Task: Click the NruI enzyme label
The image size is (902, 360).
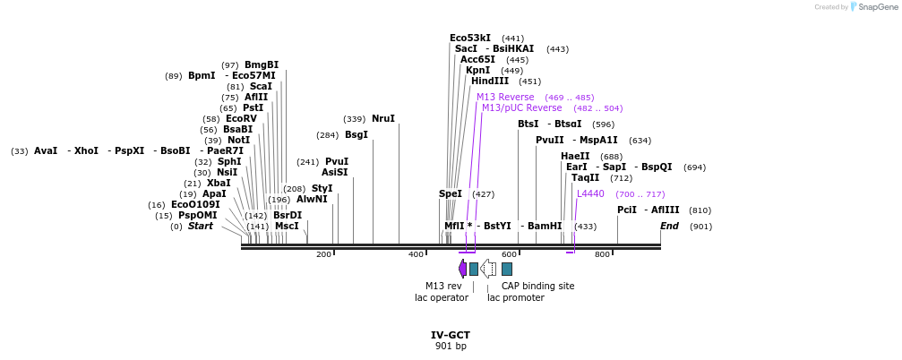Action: click(x=382, y=118)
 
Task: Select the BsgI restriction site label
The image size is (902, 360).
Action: click(x=357, y=134)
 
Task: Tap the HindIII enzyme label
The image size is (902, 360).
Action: click(x=489, y=81)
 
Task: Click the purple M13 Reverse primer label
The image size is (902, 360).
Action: click(x=505, y=97)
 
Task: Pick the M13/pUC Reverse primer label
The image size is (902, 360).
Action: click(x=521, y=107)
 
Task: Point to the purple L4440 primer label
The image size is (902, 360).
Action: click(x=590, y=193)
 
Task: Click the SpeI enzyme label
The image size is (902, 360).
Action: click(x=451, y=193)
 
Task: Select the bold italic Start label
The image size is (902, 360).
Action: click(x=200, y=226)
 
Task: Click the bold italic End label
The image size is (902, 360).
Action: click(x=669, y=226)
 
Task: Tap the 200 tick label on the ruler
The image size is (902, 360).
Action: click(x=323, y=255)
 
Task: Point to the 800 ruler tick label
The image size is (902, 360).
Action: click(x=602, y=255)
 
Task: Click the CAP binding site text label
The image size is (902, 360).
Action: click(x=537, y=286)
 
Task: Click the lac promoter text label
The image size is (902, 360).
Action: click(x=515, y=297)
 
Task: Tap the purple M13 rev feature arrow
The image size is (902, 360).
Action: click(x=462, y=269)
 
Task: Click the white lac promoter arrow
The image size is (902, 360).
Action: click(x=488, y=269)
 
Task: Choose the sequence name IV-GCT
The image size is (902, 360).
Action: click(x=451, y=335)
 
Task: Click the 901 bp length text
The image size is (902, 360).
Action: click(x=451, y=346)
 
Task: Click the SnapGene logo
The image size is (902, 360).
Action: click(x=872, y=7)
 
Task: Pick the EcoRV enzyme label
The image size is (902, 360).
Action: click(x=241, y=118)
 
